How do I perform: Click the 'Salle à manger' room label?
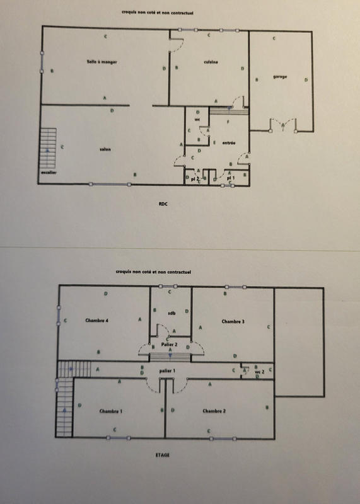tap(103, 62)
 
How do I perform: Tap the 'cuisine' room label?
tap(211, 62)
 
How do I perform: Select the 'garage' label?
tap(280, 77)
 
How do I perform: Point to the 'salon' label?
tap(105, 149)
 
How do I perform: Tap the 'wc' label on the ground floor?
tap(197, 119)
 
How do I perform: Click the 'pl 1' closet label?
tap(231, 179)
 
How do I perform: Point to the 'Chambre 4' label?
tap(96, 321)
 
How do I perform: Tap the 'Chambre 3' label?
tap(233, 321)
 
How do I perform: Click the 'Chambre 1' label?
tap(110, 411)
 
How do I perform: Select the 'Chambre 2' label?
tap(214, 411)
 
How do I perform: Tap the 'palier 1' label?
tap(167, 371)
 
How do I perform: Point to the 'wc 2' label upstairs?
tap(258, 372)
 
